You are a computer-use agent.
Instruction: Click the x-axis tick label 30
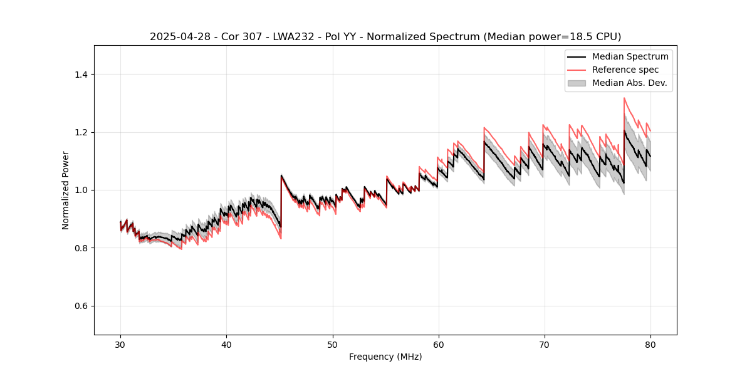click(120, 345)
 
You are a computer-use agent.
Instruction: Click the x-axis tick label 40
click(226, 345)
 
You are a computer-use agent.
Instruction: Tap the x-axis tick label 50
click(332, 345)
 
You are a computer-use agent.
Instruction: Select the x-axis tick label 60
click(439, 345)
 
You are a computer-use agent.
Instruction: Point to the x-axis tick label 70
click(545, 345)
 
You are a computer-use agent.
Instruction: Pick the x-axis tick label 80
click(650, 345)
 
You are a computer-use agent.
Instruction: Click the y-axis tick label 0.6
click(81, 306)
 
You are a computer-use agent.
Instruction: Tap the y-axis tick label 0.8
click(81, 248)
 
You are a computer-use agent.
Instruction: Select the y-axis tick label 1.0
click(81, 190)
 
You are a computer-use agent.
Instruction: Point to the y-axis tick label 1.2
click(81, 132)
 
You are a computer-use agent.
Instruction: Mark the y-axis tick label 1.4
click(81, 75)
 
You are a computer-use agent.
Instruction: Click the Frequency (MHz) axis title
click(385, 357)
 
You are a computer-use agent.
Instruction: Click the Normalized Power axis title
click(66, 190)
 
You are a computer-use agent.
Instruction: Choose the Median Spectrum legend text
click(630, 56)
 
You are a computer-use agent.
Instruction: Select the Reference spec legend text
click(625, 70)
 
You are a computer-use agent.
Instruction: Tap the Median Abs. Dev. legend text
click(629, 83)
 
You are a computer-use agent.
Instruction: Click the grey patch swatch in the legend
click(577, 83)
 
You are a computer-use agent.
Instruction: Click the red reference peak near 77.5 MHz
click(624, 98)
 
